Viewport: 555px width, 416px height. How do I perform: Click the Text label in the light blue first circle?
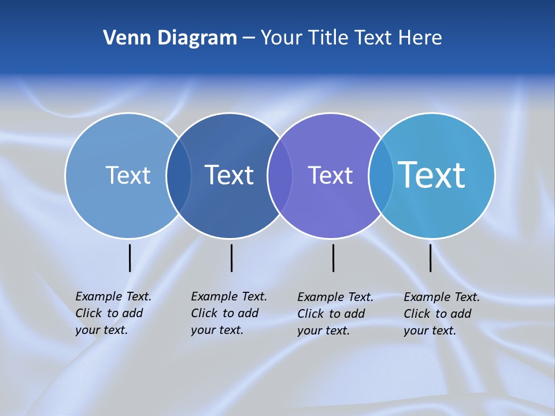128,175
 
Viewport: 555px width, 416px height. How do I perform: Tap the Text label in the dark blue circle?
229,175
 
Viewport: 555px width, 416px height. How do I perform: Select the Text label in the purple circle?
330,175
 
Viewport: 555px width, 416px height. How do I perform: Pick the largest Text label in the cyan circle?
432,175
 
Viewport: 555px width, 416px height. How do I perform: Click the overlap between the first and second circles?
179,176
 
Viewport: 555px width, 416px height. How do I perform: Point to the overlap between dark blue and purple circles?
280,176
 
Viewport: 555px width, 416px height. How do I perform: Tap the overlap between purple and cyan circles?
381,176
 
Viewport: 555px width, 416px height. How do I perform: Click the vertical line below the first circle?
129,258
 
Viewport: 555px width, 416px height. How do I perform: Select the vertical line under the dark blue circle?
231,258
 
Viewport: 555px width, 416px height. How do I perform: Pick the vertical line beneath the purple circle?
333,258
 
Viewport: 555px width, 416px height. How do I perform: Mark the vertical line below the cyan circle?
430,258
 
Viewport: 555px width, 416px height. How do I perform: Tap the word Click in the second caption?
204,313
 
